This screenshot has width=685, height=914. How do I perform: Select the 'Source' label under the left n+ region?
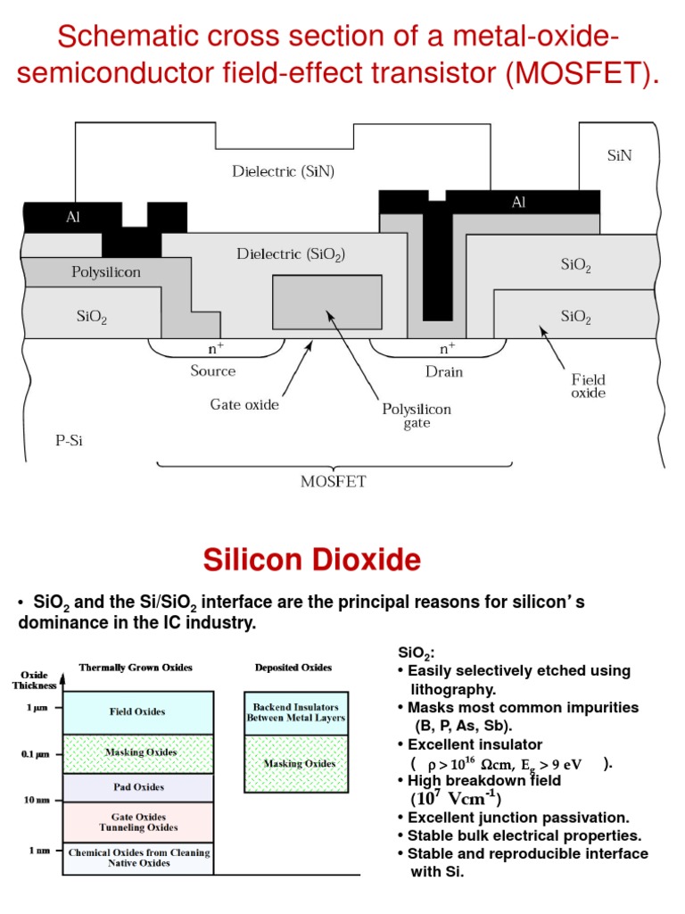(213, 370)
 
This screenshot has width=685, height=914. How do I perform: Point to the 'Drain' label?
(443, 371)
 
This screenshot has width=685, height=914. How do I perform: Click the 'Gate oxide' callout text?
(244, 404)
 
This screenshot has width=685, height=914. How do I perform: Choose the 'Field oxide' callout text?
(589, 386)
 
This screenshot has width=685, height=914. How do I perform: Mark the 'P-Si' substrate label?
(68, 440)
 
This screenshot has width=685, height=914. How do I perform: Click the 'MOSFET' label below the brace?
(334, 481)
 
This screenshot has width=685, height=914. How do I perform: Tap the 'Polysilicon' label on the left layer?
(106, 272)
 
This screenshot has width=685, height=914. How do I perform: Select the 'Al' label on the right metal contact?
(518, 203)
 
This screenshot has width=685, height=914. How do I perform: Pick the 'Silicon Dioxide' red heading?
(311, 560)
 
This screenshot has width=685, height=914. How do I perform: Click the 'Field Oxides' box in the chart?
(136, 711)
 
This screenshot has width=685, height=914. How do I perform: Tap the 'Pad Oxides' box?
(136, 786)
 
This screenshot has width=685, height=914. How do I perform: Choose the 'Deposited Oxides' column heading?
(293, 667)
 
